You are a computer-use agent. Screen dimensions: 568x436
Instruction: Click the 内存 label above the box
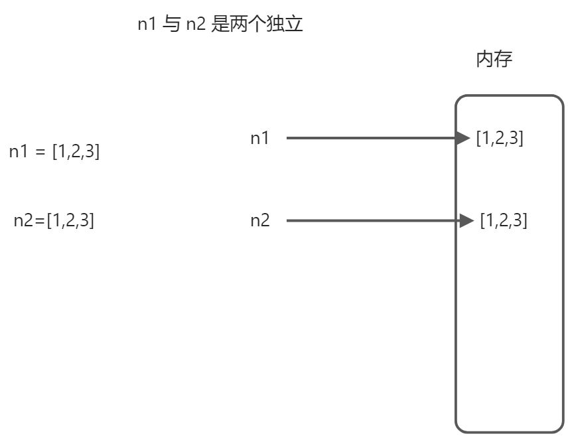tap(494, 60)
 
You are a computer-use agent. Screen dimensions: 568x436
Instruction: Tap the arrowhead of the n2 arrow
tap(468, 220)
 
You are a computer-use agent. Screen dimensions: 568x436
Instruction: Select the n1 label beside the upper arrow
tap(260, 138)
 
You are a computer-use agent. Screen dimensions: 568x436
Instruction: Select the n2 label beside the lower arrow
tap(260, 220)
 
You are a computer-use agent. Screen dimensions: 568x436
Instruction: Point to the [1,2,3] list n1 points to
tap(500, 138)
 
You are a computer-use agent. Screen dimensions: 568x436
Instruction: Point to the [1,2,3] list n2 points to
tap(504, 220)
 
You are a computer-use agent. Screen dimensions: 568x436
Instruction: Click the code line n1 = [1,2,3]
tap(54, 151)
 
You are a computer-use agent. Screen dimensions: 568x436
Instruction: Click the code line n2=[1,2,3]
tap(54, 220)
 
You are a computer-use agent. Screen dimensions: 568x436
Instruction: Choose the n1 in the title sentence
tap(147, 25)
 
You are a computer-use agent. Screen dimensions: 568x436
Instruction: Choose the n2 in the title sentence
tap(194, 25)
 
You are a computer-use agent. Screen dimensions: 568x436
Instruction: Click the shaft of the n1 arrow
tap(372, 138)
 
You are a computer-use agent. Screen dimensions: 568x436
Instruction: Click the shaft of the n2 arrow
tap(372, 220)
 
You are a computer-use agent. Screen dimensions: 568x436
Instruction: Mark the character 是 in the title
tap(220, 25)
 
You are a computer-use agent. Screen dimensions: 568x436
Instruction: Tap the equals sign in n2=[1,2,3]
tap(40, 221)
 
